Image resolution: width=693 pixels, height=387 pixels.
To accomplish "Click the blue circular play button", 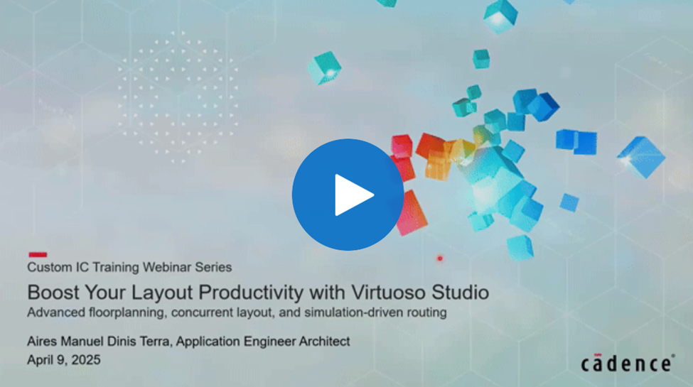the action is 348,195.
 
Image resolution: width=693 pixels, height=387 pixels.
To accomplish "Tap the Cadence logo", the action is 628,364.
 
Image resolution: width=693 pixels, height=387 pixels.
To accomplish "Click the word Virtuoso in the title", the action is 389,293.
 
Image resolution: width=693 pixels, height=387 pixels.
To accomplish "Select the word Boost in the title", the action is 53,293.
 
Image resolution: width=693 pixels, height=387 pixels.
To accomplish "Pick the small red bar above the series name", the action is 38,254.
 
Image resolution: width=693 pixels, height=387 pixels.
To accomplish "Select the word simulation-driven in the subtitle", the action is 353,312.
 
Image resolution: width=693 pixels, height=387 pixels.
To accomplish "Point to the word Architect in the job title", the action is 324,341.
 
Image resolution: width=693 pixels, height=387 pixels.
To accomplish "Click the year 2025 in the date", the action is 86,360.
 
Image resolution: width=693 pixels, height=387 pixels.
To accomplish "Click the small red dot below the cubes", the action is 440,258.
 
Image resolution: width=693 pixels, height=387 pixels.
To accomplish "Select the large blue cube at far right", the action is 641,157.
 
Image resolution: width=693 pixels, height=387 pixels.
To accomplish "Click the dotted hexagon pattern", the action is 178,97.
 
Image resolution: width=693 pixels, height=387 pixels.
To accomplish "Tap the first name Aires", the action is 42,342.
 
